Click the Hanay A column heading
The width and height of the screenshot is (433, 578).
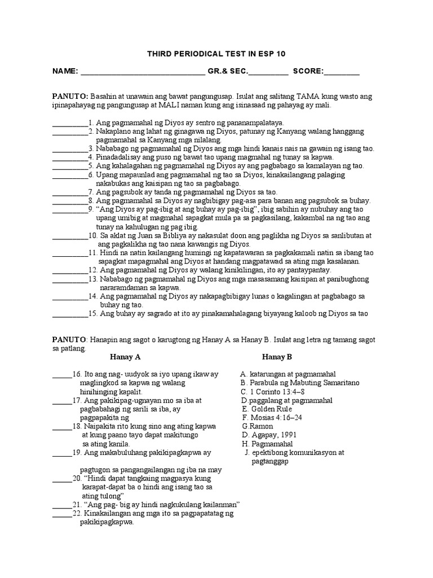[x=125, y=357]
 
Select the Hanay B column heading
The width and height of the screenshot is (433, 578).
[x=277, y=357]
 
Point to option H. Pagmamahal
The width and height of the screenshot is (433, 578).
[x=265, y=444]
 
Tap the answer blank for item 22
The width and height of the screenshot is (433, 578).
[x=62, y=515]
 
